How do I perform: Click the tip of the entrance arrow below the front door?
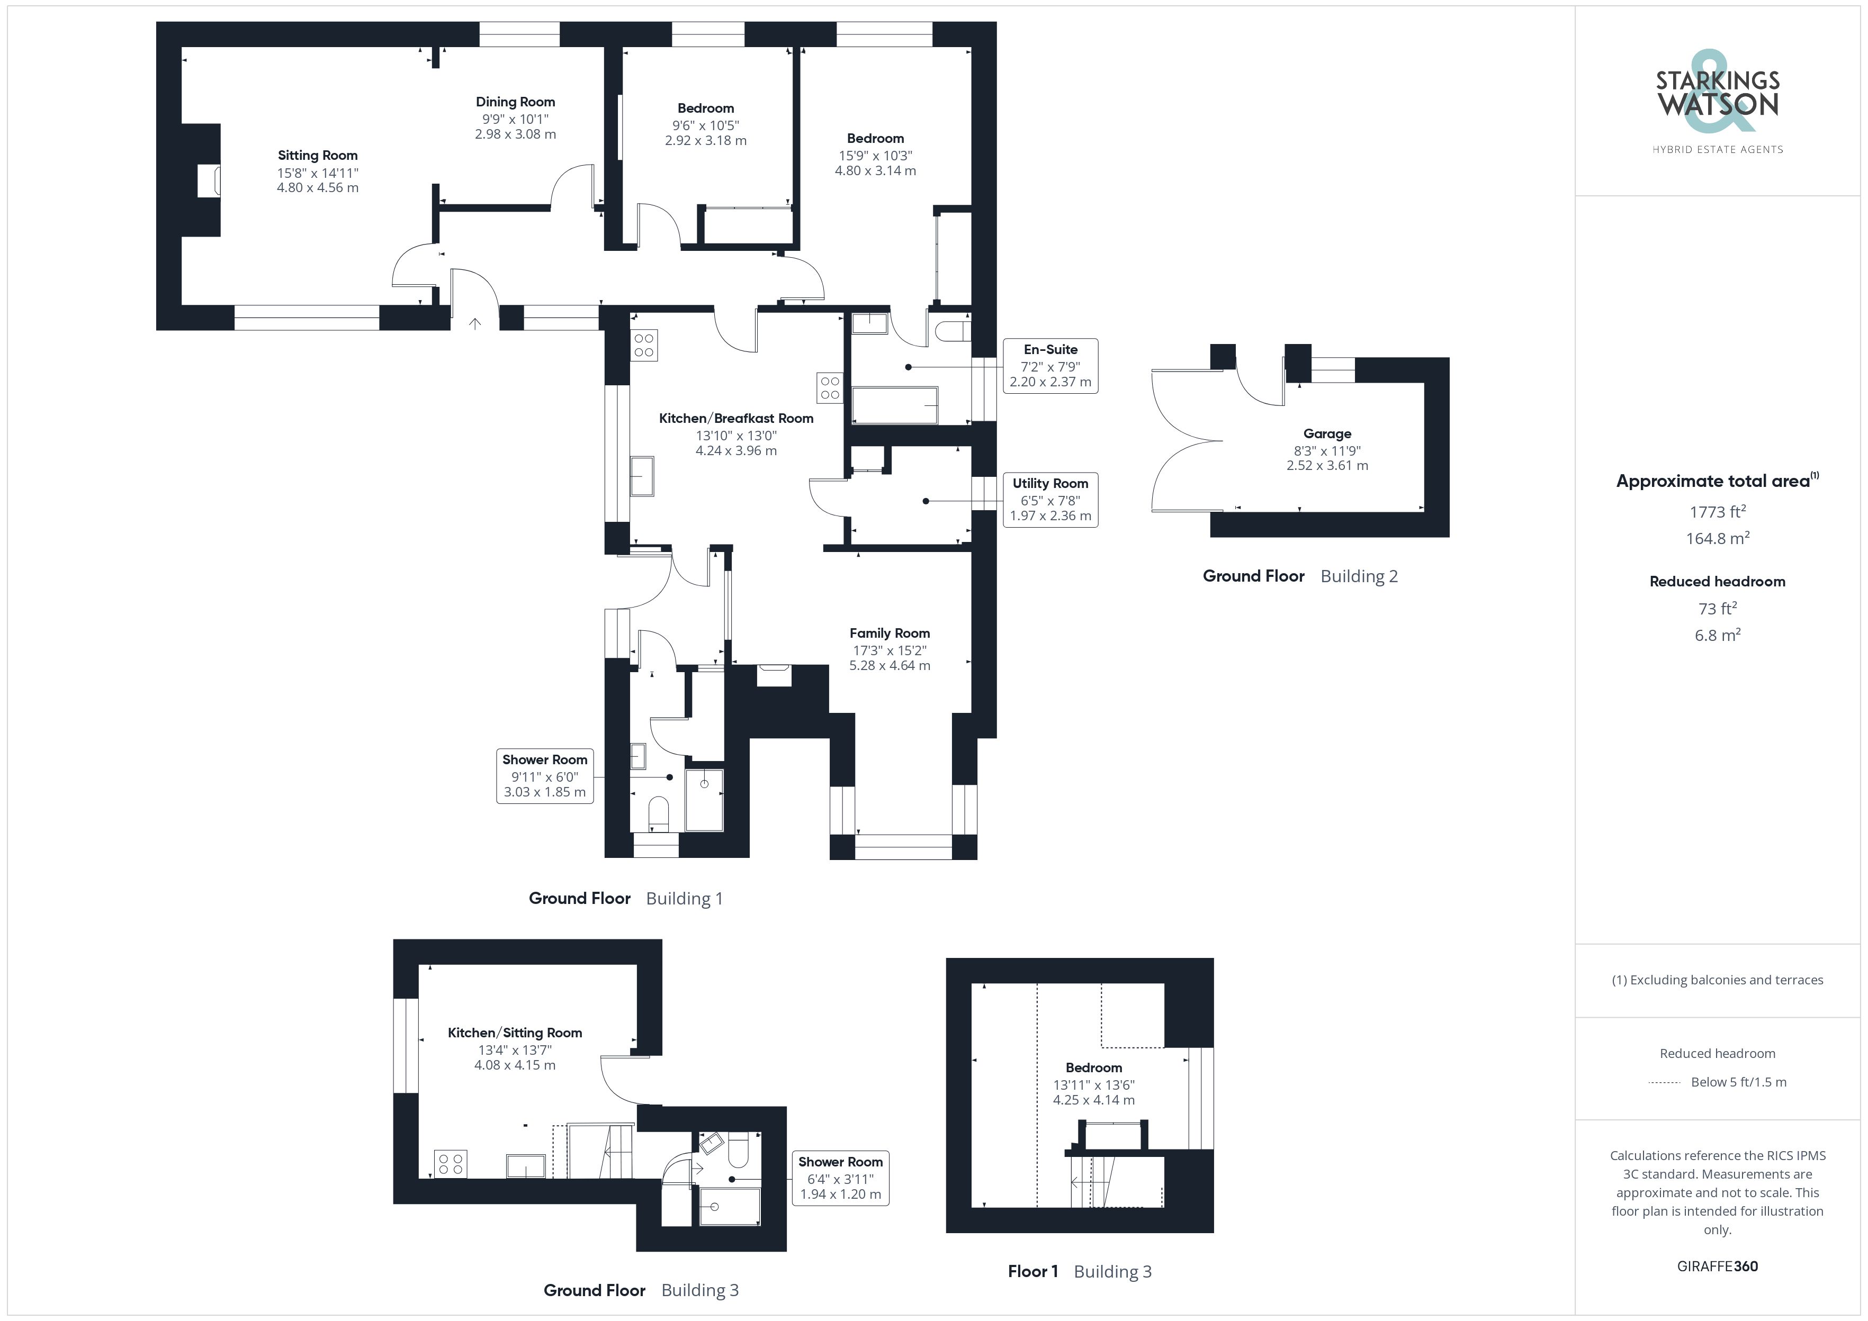pos(475,319)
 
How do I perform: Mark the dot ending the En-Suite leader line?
pos(908,367)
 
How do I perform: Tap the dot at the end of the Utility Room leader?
pos(926,501)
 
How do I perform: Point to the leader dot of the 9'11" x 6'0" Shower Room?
pos(670,777)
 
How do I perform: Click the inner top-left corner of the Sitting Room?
pos(182,47)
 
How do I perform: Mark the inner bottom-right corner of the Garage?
pos(1424,512)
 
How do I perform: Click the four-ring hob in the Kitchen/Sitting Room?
pos(451,1164)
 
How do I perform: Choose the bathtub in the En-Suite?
pos(895,404)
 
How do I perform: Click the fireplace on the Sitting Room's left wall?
pos(209,180)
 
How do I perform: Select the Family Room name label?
pos(889,633)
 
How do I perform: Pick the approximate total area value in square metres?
pos(1718,538)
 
